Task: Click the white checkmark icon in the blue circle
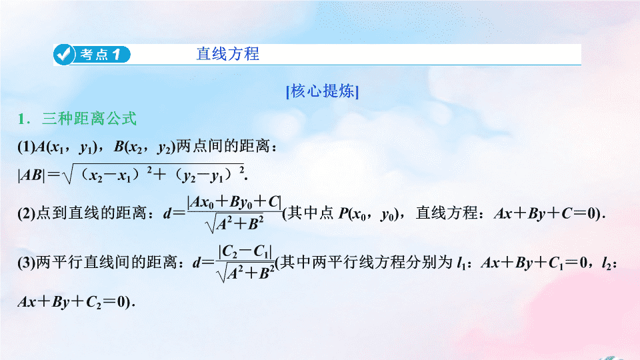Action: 64,54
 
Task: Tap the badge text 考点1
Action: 101,55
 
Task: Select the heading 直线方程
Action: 228,54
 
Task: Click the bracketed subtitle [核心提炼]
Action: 323,91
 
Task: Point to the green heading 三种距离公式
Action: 89,119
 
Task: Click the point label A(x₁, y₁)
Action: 66,147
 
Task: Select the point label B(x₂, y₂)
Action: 144,147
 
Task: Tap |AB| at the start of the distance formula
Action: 31,175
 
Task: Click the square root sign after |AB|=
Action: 68,175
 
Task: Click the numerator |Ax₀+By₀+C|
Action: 234,202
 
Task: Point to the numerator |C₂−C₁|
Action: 245,252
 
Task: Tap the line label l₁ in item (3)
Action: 461,263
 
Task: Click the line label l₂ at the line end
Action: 607,263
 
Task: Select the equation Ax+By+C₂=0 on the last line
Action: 72,302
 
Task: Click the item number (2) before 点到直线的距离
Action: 26,213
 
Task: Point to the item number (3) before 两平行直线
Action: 26,263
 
